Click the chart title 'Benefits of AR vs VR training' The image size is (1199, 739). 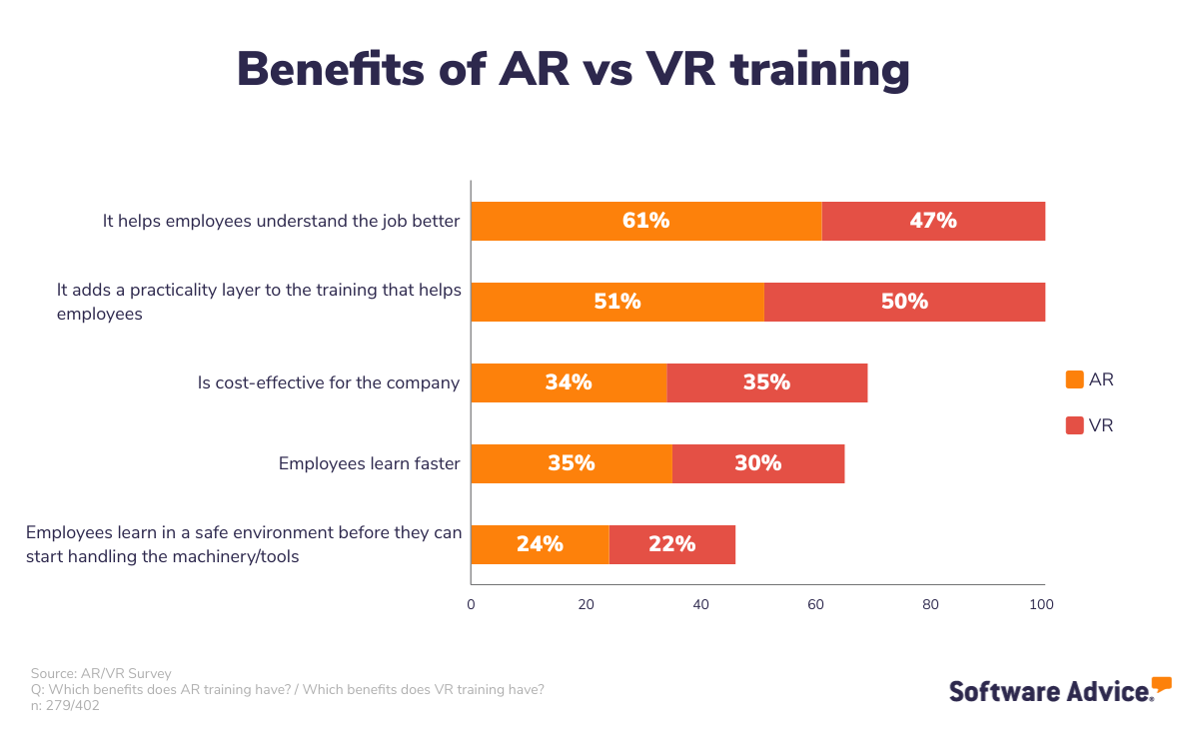pos(573,70)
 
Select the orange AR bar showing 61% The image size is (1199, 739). pos(645,221)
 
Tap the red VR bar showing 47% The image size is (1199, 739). pos(933,221)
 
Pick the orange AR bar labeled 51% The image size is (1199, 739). pos(616,302)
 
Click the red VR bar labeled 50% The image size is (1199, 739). pos(904,302)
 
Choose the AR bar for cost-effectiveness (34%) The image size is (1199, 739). pos(569,382)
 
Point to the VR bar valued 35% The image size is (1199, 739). pos(766,382)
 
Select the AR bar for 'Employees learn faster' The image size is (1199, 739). pos(571,463)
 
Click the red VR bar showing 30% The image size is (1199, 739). pos(757,463)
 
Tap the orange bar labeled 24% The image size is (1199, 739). pos(540,544)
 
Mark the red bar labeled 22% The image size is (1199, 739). pos(671,544)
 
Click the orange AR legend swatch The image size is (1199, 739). pos(1075,379)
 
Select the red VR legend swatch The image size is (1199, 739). pos(1075,425)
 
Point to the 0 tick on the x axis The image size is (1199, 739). pos(471,604)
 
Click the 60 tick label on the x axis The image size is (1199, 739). pos(815,604)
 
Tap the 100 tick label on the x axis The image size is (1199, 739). pos(1042,604)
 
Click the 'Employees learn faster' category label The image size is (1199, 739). pos(369,463)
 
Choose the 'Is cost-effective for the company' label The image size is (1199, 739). pos(329,382)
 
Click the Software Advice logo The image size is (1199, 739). pos(1059,690)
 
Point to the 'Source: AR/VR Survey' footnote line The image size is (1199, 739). pos(101,674)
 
